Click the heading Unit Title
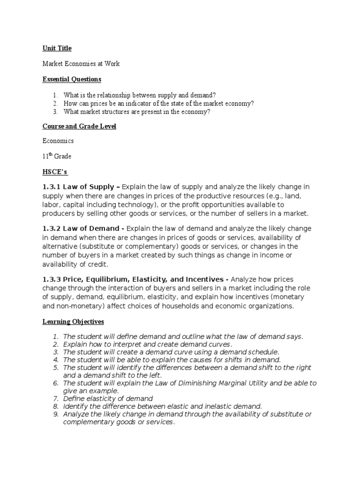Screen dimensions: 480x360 pos(57,48)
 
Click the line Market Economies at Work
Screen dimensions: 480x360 pos(81,64)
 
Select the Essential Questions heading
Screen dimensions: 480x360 pos(72,79)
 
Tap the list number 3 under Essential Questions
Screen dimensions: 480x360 pos(55,111)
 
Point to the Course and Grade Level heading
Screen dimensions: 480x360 pos(79,126)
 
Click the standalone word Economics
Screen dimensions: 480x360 pos(58,141)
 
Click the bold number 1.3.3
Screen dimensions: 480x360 pos(52,279)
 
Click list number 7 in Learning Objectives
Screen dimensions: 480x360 pos(55,398)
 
